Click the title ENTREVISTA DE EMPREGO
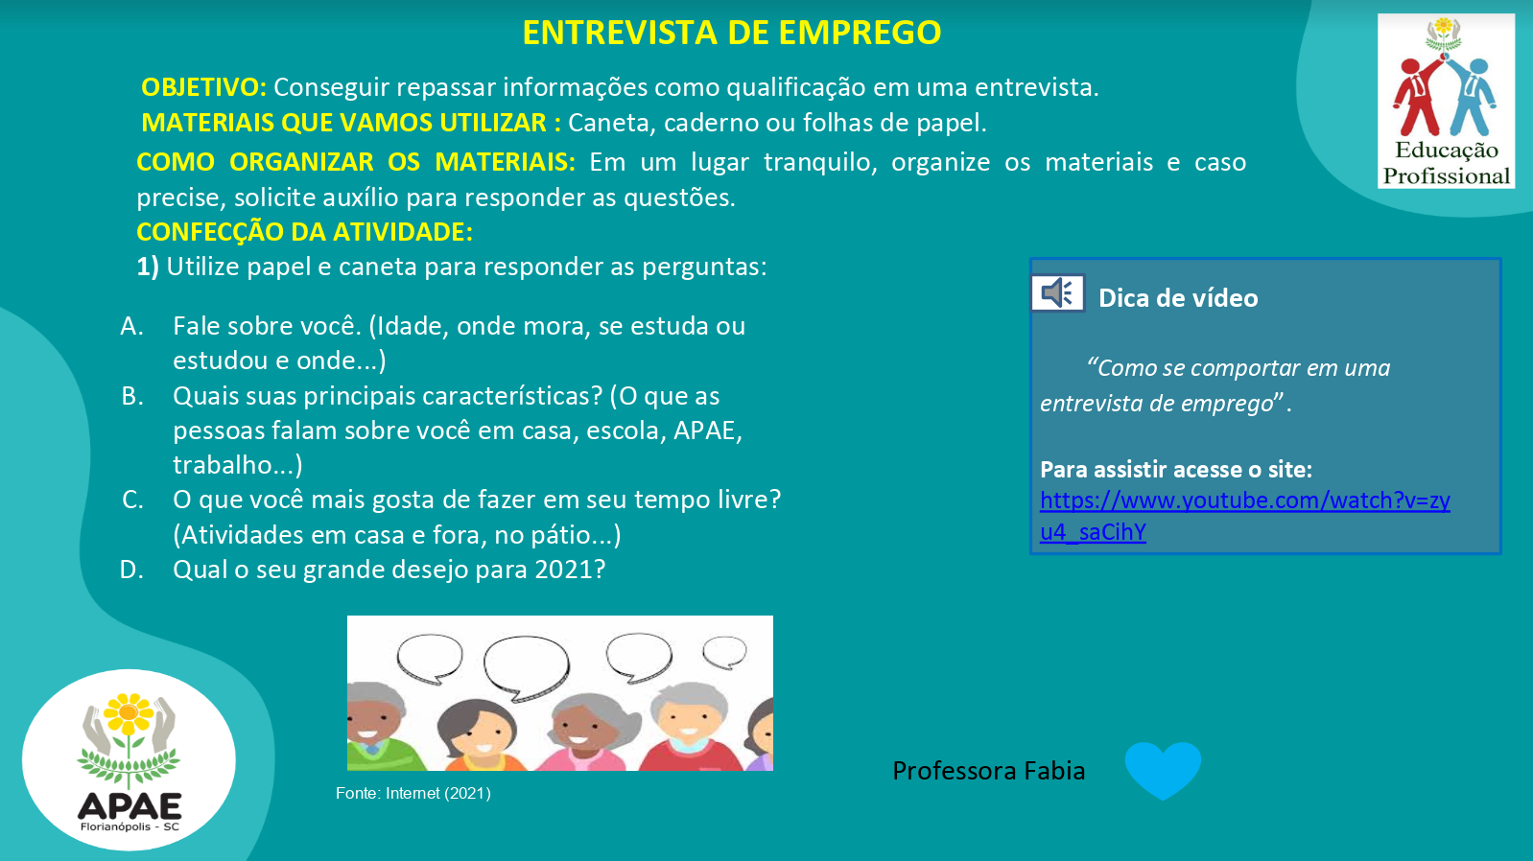tap(732, 33)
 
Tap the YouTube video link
tap(1244, 516)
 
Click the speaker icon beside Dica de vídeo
tap(1057, 292)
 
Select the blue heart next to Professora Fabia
tap(1163, 769)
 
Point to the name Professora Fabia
tap(988, 771)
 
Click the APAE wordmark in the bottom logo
tap(130, 806)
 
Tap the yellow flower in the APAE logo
tap(128, 714)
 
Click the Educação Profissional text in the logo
tap(1446, 163)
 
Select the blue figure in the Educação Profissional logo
tap(1472, 97)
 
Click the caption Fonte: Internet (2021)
tap(413, 793)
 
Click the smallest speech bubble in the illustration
tap(724, 652)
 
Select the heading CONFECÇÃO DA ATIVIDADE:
tap(304, 232)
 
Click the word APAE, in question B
tap(705, 430)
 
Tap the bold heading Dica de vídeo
tap(1178, 298)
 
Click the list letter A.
tap(131, 326)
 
